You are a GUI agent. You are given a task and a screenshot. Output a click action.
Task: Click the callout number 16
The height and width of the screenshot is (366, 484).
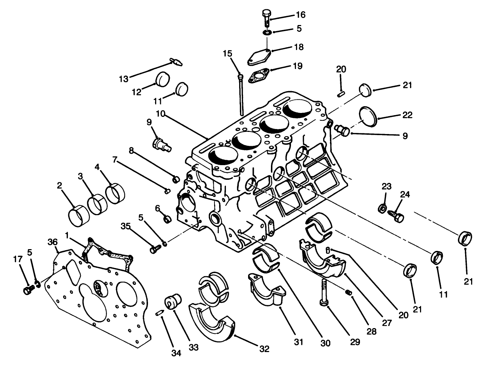pos(300,15)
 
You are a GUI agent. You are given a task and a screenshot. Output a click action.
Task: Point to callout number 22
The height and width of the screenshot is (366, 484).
pos(407,115)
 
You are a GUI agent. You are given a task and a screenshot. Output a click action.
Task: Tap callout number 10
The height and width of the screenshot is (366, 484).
pos(160,114)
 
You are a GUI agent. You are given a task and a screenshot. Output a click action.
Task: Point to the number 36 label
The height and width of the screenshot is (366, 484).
pos(53,242)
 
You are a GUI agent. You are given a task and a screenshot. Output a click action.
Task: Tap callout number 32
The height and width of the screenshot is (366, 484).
pos(265,348)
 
